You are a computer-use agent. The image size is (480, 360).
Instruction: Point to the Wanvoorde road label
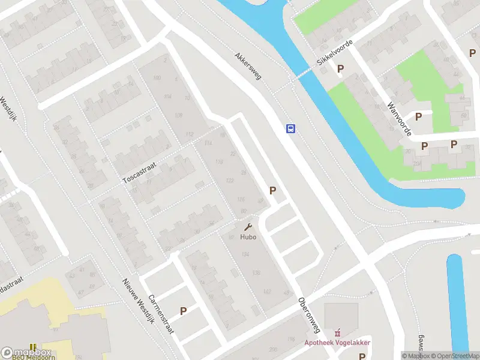coord(399,118)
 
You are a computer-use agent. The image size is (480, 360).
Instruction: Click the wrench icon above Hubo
coord(248,227)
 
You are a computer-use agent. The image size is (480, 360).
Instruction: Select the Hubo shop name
coord(248,236)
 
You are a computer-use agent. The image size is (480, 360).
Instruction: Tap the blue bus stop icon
coord(290,128)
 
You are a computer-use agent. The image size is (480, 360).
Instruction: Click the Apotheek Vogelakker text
coord(337,343)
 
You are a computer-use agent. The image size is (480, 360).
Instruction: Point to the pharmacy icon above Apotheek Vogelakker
coord(337,332)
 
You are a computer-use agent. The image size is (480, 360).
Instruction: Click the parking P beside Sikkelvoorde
coord(341,69)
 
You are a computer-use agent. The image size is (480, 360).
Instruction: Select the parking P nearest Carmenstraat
coord(184,311)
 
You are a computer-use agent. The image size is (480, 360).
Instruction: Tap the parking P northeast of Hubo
coord(273,191)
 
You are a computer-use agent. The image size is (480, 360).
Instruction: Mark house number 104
coord(167,97)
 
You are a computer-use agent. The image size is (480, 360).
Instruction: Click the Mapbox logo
coord(17,353)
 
